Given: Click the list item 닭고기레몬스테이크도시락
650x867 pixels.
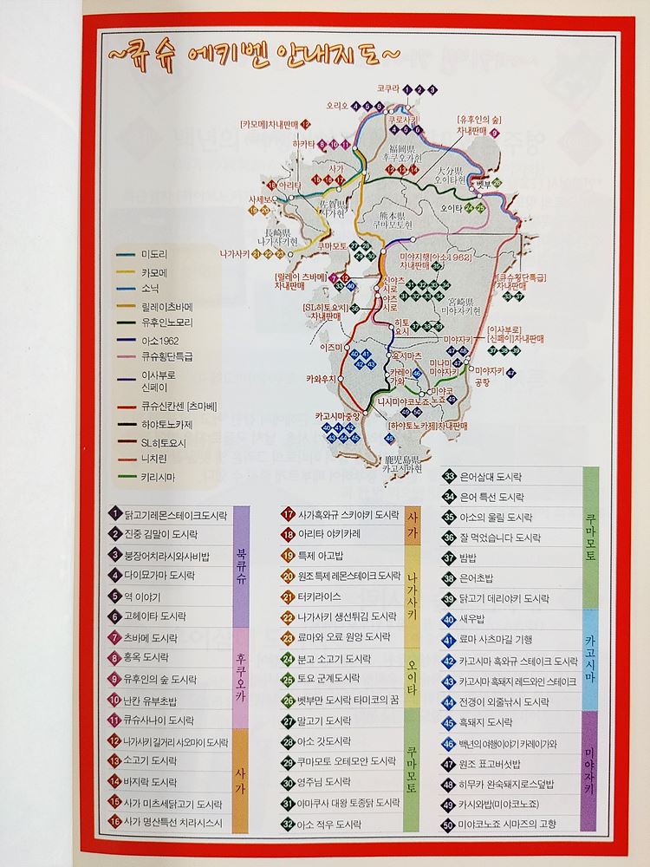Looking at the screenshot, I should pos(173,513).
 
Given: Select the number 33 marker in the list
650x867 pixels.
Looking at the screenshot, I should pos(449,476).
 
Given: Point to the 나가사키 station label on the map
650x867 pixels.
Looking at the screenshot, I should pos(235,253).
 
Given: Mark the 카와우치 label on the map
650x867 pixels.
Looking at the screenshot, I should pos(320,379).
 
